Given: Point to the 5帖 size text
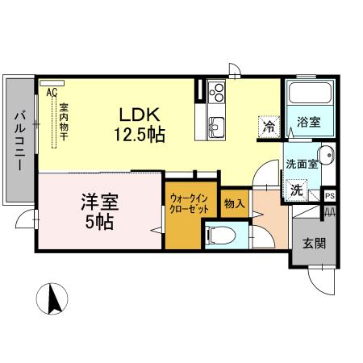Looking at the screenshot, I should point(100,221).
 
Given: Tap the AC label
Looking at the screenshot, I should point(52,93).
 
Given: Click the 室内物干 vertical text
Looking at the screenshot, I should point(63,120).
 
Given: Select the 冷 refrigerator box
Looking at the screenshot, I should point(268,126).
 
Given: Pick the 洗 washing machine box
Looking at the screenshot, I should point(297,191).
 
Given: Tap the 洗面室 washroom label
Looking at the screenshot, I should point(299,164).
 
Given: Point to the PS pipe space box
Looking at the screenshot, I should point(329,195).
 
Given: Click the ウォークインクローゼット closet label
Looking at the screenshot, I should point(190,203).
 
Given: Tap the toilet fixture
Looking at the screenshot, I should point(219,236).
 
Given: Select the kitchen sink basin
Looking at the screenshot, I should point(217,127).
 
